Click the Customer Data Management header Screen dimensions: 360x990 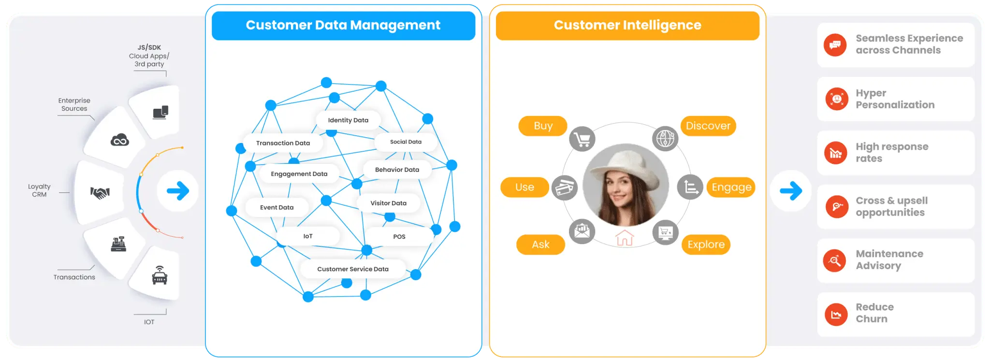pos(343,25)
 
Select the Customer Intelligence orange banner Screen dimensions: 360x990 pos(627,25)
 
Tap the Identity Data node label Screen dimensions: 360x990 pos(348,120)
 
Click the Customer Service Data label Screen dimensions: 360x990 pos(353,269)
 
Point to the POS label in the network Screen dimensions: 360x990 pos(399,237)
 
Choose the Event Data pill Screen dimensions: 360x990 pos(277,207)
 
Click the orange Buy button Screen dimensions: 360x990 pos(543,126)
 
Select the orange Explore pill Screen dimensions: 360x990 pos(706,245)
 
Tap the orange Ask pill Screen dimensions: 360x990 pos(540,245)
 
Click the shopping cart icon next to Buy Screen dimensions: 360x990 pos(582,140)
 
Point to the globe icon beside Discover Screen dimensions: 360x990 pos(665,139)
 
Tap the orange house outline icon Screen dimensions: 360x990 pos(625,238)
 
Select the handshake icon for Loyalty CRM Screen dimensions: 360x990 pos(100,193)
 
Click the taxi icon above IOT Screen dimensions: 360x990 pos(160,275)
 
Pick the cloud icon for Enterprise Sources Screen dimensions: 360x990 pos(120,140)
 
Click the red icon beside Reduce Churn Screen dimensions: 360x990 pos(836,315)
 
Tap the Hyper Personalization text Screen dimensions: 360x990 pos(895,99)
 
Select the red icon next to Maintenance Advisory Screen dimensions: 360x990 pos(835,260)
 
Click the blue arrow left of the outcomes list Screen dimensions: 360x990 pos(791,191)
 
